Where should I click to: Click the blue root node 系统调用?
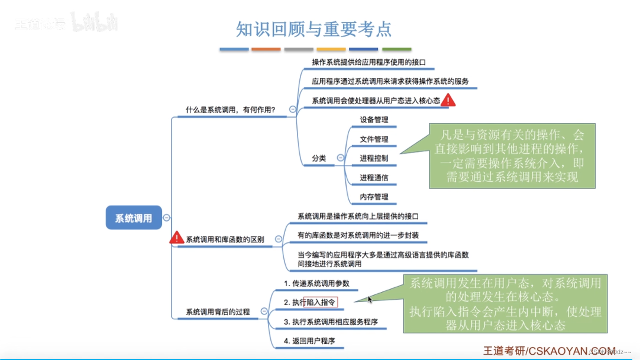tap(134, 218)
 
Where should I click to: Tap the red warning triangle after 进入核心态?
tap(448, 100)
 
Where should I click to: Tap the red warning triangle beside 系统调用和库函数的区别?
tap(176, 238)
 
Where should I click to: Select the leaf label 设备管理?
tap(374, 119)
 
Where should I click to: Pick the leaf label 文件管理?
tap(374, 139)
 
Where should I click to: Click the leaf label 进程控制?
tap(374, 158)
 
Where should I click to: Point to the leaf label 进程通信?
tap(374, 177)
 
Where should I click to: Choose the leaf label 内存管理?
tap(374, 197)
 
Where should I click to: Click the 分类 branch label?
tap(319, 158)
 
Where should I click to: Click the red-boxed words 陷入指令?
tap(321, 302)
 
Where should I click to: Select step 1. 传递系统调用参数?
tap(316, 283)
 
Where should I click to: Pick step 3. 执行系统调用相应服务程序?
tap(331, 322)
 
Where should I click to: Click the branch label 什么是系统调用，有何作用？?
tap(231, 109)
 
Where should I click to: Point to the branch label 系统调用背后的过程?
tap(218, 312)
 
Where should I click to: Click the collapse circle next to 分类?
tap(340, 158)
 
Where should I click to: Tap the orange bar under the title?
tap(266, 49)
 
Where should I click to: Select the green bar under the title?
tap(396, 49)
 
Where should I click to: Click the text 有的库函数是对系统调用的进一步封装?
tap(358, 235)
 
